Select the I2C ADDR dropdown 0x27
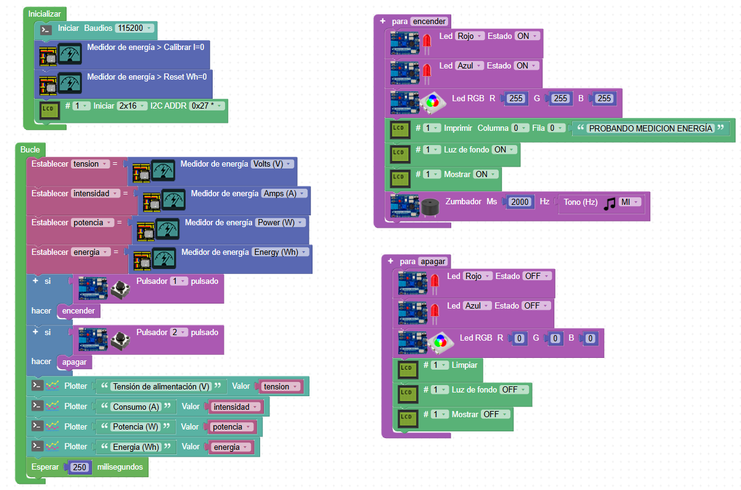pyautogui.click(x=207, y=106)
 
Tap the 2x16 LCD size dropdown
pyautogui.click(x=132, y=106)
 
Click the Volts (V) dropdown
pyautogui.click(x=272, y=164)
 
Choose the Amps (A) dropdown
pyautogui.click(x=283, y=193)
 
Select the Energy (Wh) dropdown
pyautogui.click(x=279, y=252)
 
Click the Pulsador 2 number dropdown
pyautogui.click(x=179, y=333)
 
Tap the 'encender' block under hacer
pyautogui.click(x=78, y=311)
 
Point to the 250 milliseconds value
pyautogui.click(x=80, y=467)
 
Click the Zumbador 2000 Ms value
pyautogui.click(x=520, y=202)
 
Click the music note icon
pyautogui.click(x=610, y=203)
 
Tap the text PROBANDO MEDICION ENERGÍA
pyautogui.click(x=650, y=128)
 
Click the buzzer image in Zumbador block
pyautogui.click(x=431, y=206)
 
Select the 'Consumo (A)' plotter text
pyautogui.click(x=136, y=407)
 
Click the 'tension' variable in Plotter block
pyautogui.click(x=280, y=387)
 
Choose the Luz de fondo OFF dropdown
pyautogui.click(x=514, y=389)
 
